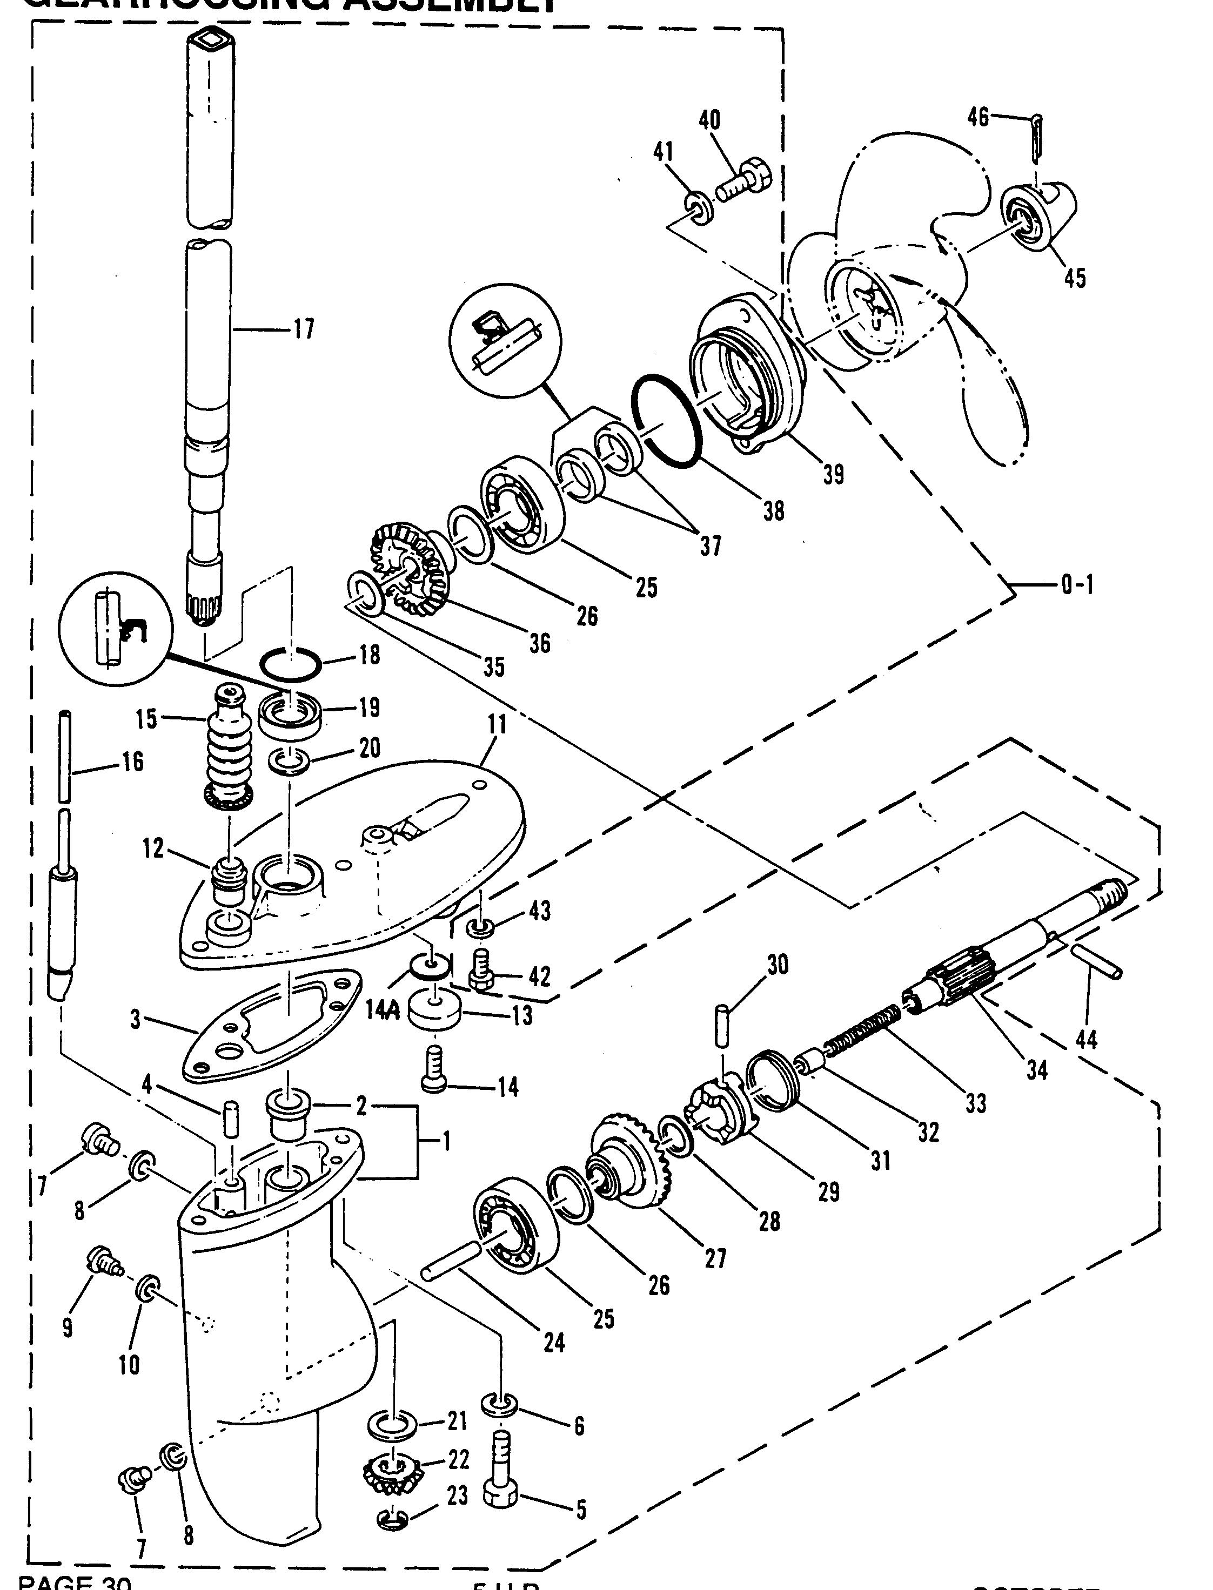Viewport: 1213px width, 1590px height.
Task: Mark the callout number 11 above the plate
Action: click(497, 725)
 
